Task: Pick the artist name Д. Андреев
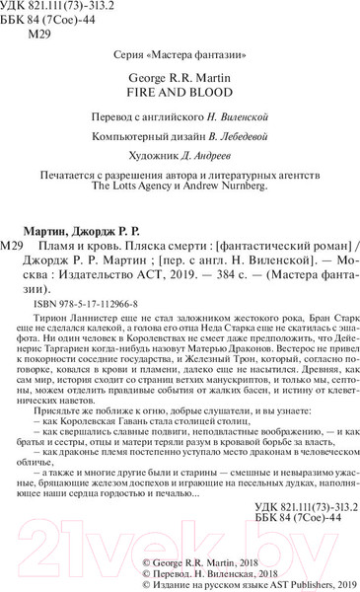point(202,159)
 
